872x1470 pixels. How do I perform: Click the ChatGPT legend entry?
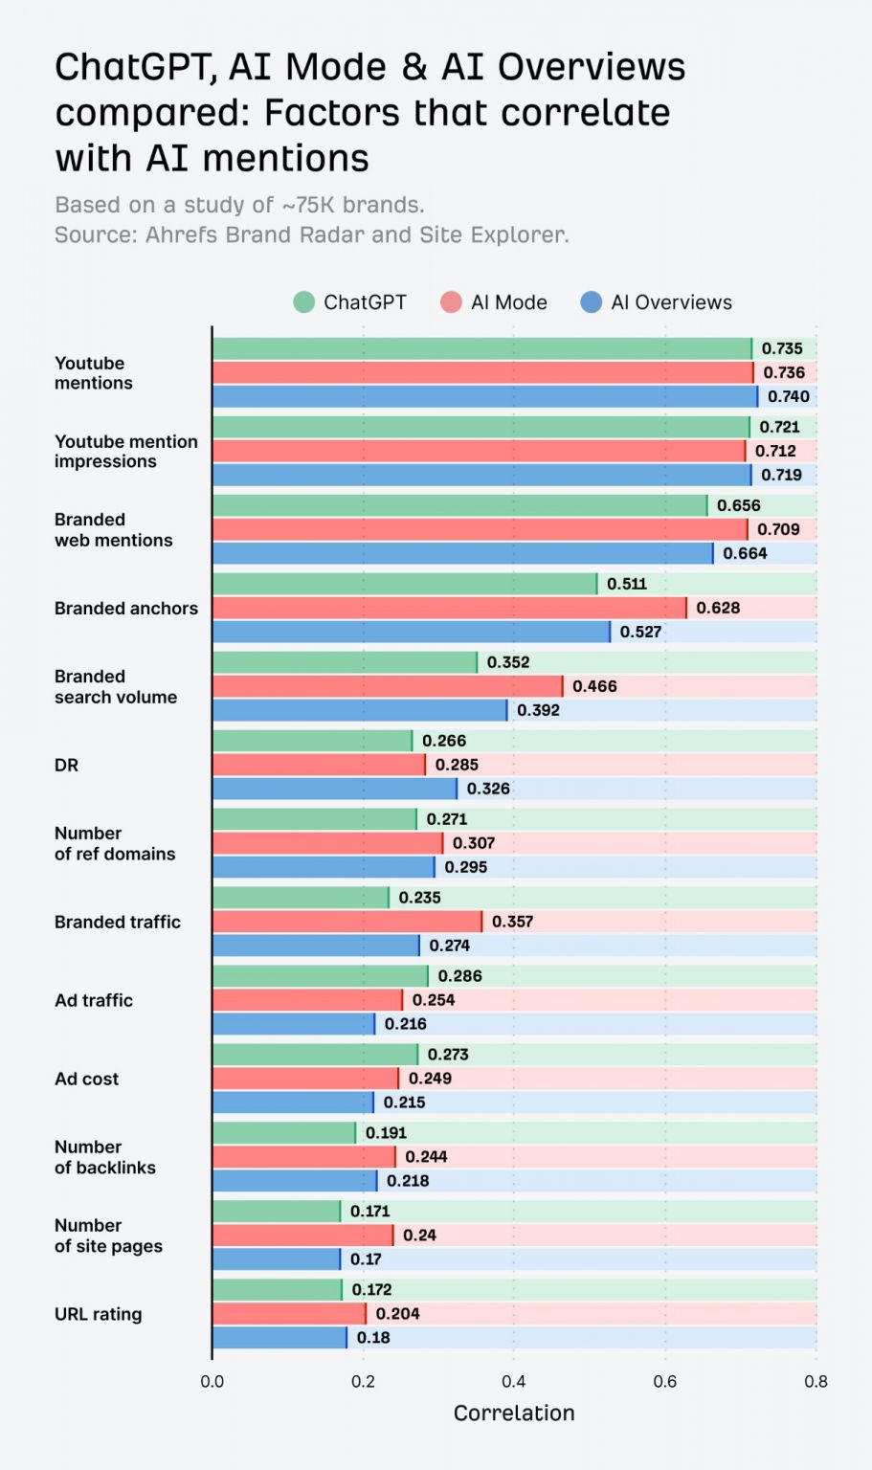coord(350,302)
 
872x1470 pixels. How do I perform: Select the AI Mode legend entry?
coord(494,302)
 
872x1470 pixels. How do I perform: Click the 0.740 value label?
coord(788,396)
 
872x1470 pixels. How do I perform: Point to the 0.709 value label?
coord(778,529)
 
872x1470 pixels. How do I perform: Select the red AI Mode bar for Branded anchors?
coord(449,608)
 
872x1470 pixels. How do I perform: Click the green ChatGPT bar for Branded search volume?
coord(345,662)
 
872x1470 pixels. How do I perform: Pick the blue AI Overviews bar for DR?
coord(334,789)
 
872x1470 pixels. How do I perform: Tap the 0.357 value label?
coord(512,922)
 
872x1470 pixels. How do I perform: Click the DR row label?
coord(66,766)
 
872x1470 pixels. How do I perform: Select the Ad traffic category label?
coord(94,1000)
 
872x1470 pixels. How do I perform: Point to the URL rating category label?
coord(98,1314)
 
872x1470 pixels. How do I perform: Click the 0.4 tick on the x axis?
coord(514,1381)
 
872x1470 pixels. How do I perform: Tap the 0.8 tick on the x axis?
coord(816,1381)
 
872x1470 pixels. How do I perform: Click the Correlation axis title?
coord(514,1414)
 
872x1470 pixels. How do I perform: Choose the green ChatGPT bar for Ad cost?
coord(315,1055)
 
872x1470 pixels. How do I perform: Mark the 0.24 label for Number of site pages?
coord(419,1236)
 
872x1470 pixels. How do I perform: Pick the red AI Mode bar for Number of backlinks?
coord(303,1157)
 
